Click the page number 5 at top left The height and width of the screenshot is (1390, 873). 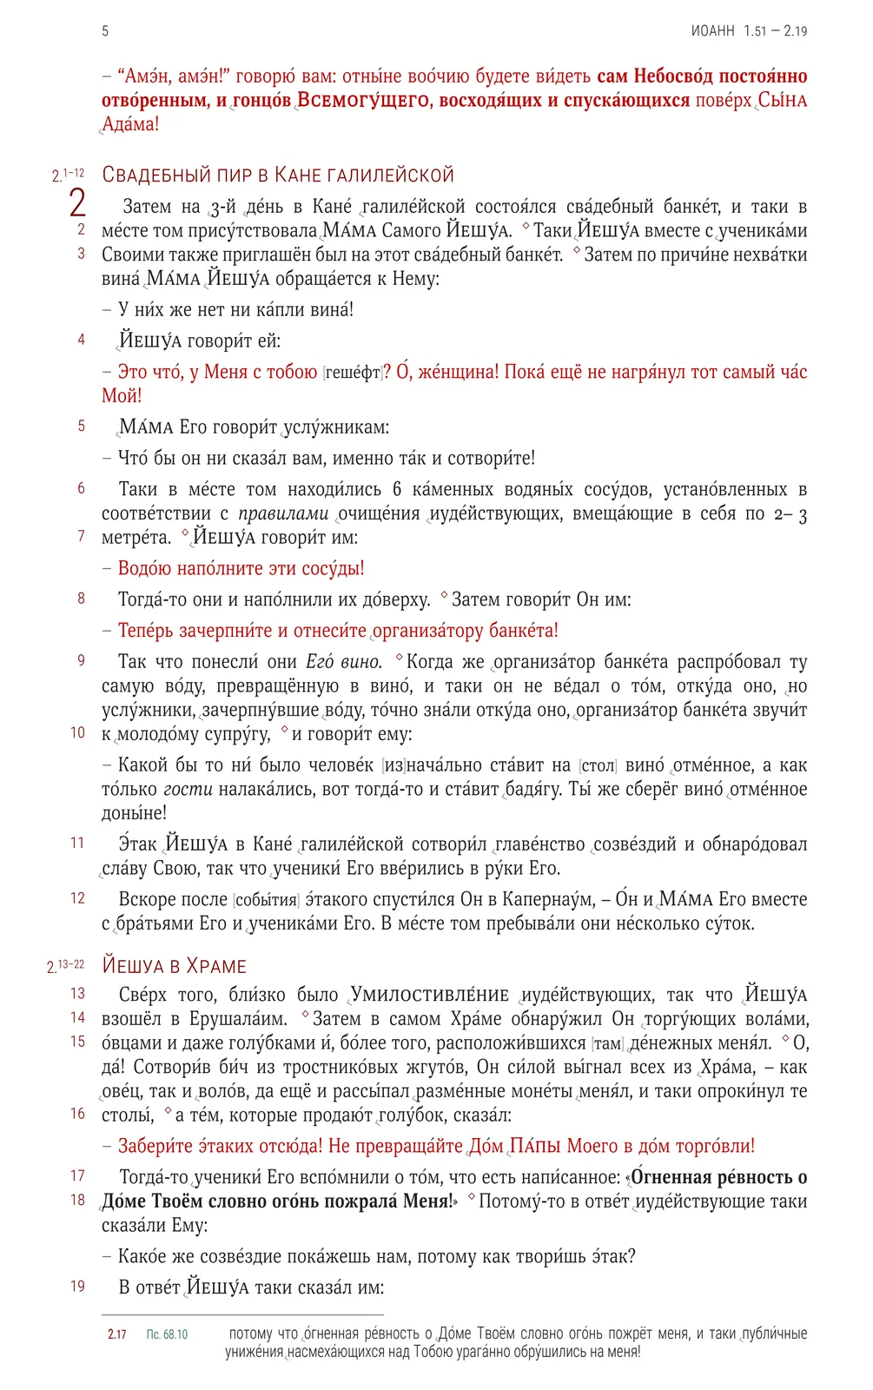(x=105, y=31)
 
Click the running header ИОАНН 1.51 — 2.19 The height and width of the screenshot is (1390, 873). (x=749, y=31)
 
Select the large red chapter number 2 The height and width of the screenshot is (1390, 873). (x=77, y=203)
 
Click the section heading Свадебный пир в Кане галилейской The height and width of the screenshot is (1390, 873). (x=278, y=175)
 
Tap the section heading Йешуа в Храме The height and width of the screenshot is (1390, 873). (x=175, y=966)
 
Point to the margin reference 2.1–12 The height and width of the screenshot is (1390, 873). (x=68, y=175)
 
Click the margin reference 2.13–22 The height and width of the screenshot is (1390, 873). (x=66, y=966)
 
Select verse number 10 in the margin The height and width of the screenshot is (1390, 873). (x=77, y=732)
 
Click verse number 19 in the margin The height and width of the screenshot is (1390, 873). (x=77, y=1286)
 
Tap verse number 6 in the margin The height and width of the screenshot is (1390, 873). (x=81, y=488)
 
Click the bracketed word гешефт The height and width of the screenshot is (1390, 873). (x=352, y=373)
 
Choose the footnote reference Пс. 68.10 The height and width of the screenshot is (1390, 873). (x=167, y=1334)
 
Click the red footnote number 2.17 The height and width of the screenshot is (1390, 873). (x=117, y=1334)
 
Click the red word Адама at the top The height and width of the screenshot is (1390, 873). (x=130, y=124)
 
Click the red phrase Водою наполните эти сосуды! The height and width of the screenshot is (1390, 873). (x=241, y=568)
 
